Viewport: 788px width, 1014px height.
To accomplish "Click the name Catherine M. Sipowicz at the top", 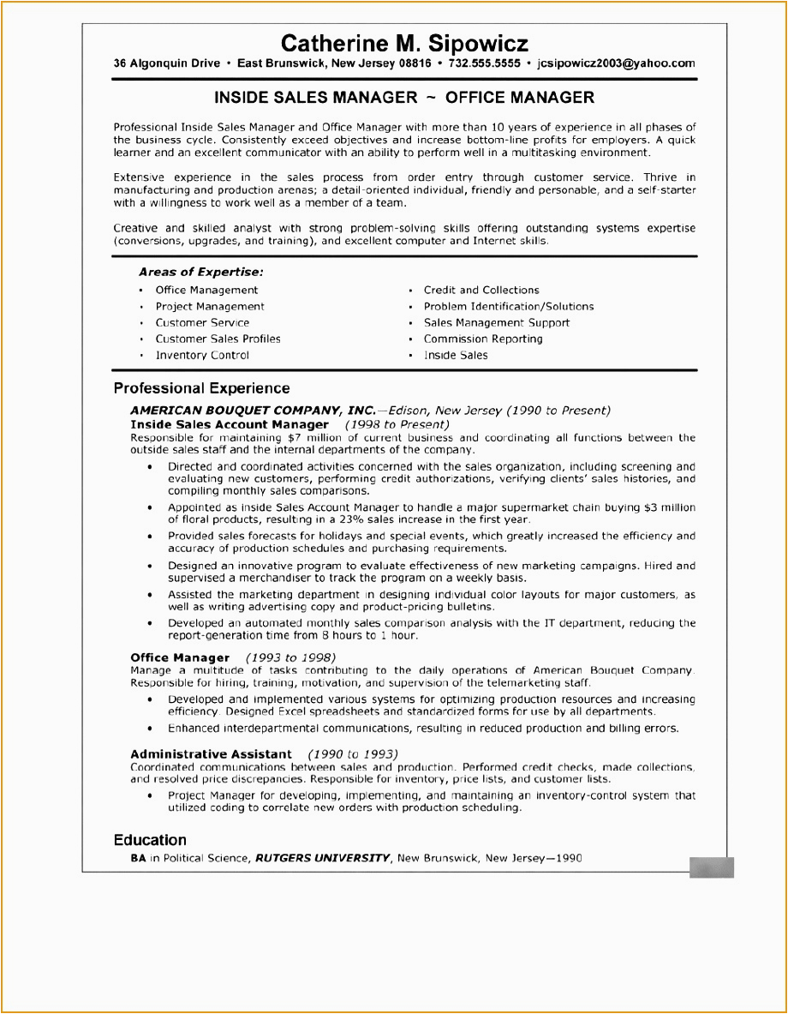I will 404,44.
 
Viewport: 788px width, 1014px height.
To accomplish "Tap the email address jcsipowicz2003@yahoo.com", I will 615,63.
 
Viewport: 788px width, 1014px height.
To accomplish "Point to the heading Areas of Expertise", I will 200,272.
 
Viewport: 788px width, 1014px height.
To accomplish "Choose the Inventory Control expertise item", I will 202,355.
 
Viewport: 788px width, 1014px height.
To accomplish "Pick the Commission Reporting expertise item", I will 482,339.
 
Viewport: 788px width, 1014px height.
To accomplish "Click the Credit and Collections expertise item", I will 481,290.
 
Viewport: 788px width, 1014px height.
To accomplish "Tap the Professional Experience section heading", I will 201,388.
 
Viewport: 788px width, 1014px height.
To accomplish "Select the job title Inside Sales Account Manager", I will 230,424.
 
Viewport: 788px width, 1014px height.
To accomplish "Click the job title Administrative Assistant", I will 211,754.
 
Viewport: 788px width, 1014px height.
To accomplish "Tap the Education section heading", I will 150,840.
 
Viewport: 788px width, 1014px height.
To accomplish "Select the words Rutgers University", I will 323,857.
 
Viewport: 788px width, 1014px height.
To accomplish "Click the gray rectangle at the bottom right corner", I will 711,867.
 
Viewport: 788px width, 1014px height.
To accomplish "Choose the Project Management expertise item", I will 210,306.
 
